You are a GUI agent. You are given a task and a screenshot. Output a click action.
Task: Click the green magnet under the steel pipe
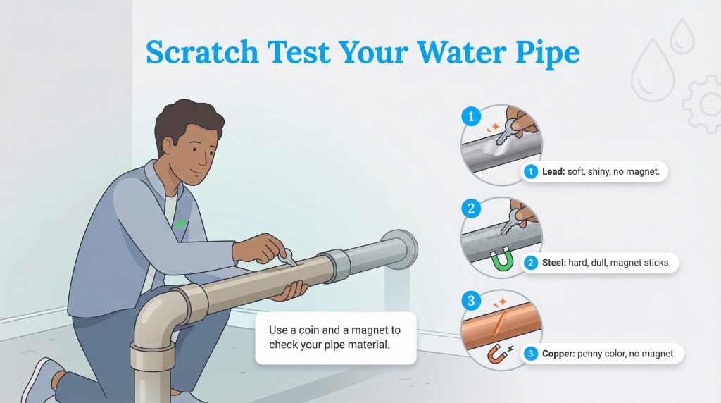pyautogui.click(x=502, y=261)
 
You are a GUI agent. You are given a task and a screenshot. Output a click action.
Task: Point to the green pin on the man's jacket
pyautogui.click(x=180, y=223)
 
